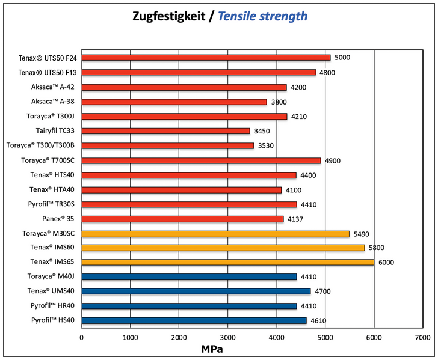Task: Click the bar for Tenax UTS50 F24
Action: point(206,58)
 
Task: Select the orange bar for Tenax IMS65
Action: point(227,262)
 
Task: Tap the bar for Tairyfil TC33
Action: point(165,130)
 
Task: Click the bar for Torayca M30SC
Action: point(215,233)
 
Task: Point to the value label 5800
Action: point(376,248)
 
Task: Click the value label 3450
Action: point(262,131)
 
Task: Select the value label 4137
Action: point(295,219)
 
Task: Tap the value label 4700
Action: point(322,291)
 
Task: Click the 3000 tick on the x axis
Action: point(227,338)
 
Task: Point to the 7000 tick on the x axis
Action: point(422,338)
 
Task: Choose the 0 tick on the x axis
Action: point(82,338)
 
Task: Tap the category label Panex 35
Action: point(59,219)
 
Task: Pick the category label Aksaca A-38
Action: point(54,102)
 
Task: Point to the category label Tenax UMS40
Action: point(52,291)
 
